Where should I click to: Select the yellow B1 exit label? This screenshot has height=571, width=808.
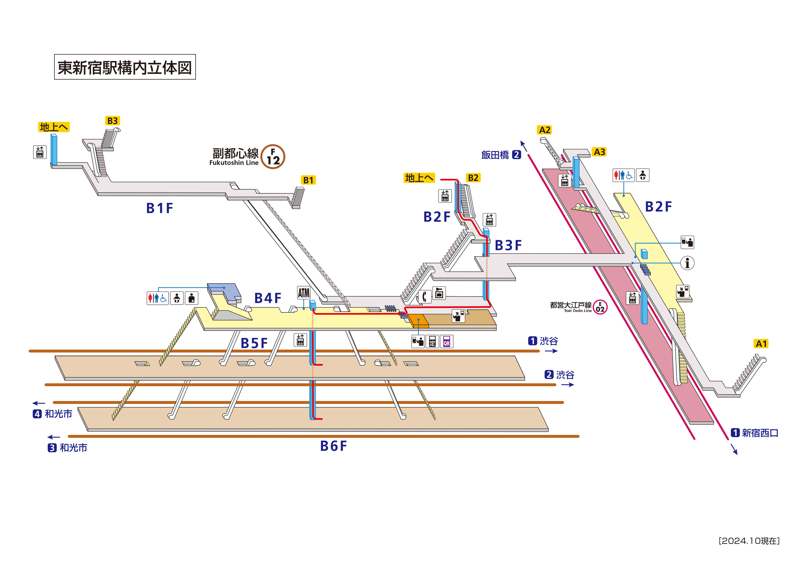tap(308, 180)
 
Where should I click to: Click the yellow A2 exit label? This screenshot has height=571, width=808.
tap(544, 130)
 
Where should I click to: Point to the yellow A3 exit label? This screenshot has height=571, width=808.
tap(599, 152)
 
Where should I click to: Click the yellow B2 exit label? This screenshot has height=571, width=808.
tap(473, 178)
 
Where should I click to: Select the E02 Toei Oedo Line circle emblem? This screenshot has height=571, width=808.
tap(600, 307)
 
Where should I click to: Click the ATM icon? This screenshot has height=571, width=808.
tap(304, 293)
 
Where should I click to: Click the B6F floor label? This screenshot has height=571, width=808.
tap(333, 446)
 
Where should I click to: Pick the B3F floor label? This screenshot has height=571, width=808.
tap(508, 245)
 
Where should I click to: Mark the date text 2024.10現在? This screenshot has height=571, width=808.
tap(749, 541)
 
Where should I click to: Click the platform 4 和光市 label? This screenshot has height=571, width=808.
tap(53, 414)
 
